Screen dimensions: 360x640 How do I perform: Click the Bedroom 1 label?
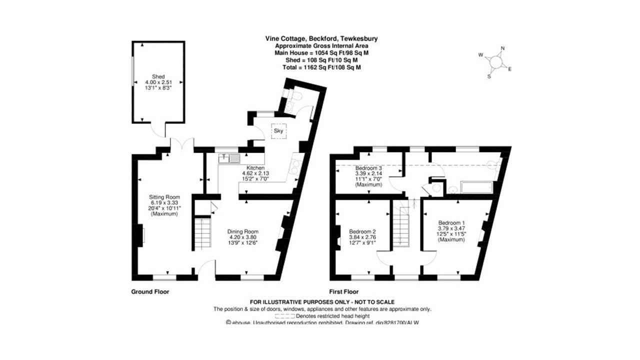451,231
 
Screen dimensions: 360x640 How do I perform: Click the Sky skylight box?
278,131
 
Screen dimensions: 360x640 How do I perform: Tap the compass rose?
496,61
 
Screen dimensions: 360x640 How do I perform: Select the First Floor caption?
343,291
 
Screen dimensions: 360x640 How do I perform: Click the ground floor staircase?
203,232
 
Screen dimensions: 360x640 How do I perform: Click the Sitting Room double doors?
181,144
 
